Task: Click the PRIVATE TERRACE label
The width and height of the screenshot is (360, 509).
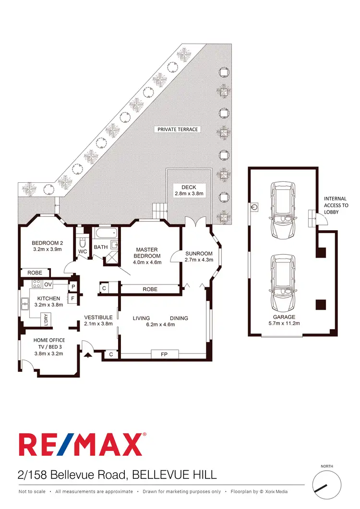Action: pos(178,130)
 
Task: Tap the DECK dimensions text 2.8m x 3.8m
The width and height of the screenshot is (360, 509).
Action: pos(189,194)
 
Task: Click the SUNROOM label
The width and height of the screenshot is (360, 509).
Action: pos(198,253)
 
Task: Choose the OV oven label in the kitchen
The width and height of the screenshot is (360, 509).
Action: pos(48,284)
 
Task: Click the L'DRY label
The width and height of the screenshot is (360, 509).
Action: pos(46,320)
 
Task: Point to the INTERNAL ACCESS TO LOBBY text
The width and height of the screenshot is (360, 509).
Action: pos(336,205)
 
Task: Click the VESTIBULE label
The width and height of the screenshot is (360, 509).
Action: pos(98,317)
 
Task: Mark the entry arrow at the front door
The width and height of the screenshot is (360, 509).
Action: pos(88,355)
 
